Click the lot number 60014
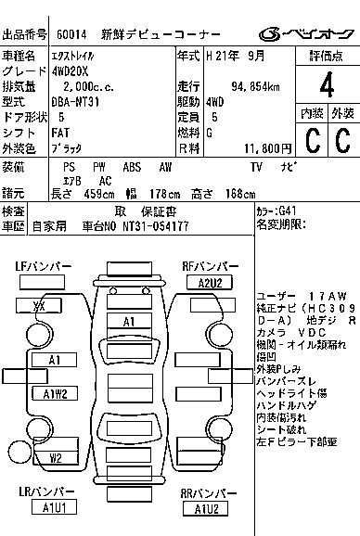pyautogui.click(x=71, y=35)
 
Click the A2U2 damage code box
pyautogui.click(x=203, y=282)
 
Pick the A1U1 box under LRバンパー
pyautogui.click(x=56, y=507)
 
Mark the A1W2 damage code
pyautogui.click(x=56, y=394)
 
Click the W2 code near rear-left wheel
pyautogui.click(x=56, y=457)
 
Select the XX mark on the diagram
pyautogui.click(x=39, y=306)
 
